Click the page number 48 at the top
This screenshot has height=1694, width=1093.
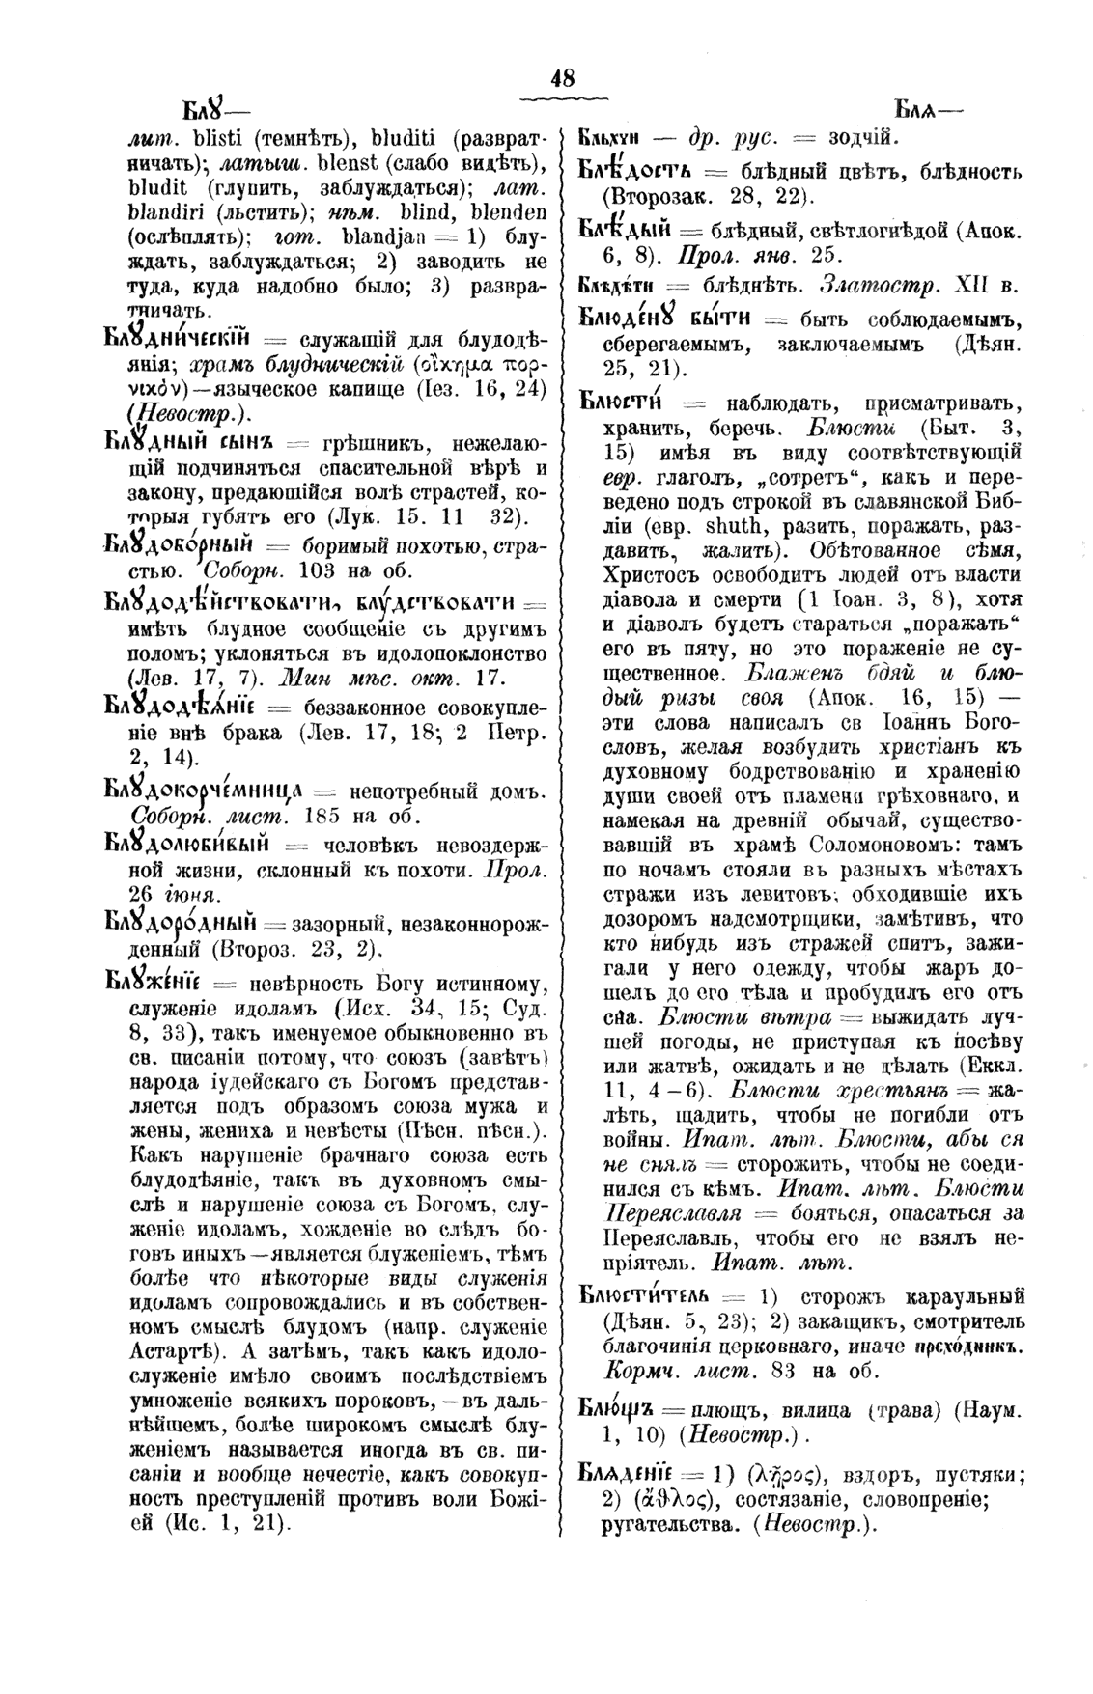point(562,81)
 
